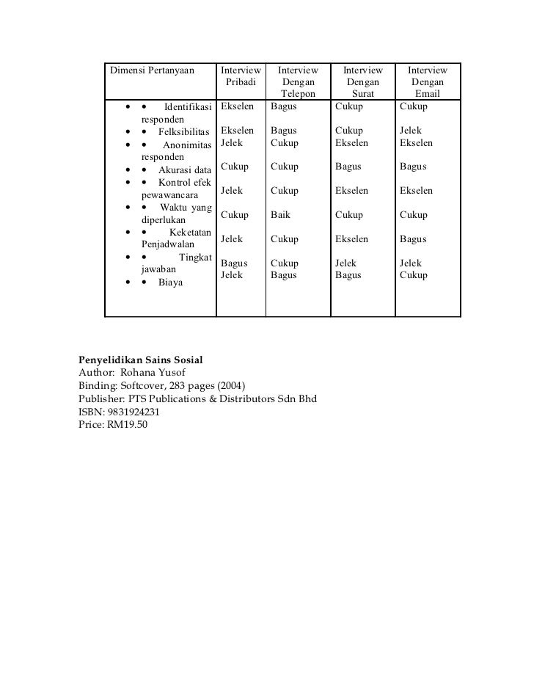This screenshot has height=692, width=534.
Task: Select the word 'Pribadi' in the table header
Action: [x=240, y=82]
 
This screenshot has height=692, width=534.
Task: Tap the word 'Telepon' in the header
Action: [x=298, y=95]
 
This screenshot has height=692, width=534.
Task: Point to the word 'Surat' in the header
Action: [x=363, y=95]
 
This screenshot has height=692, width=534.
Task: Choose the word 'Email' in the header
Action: [x=428, y=95]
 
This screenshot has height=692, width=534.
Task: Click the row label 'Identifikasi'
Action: [x=188, y=107]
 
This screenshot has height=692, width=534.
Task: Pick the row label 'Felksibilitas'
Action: [x=183, y=131]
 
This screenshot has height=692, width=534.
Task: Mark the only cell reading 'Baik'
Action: [x=280, y=215]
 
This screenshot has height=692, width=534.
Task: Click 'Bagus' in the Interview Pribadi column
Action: [x=234, y=263]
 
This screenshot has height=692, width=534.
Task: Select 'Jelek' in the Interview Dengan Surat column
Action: [x=345, y=263]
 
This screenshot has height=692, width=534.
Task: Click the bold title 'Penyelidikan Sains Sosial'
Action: [x=140, y=361]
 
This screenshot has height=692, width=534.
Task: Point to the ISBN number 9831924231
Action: [x=133, y=412]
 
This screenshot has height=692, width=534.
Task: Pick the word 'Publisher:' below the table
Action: [x=100, y=399]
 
